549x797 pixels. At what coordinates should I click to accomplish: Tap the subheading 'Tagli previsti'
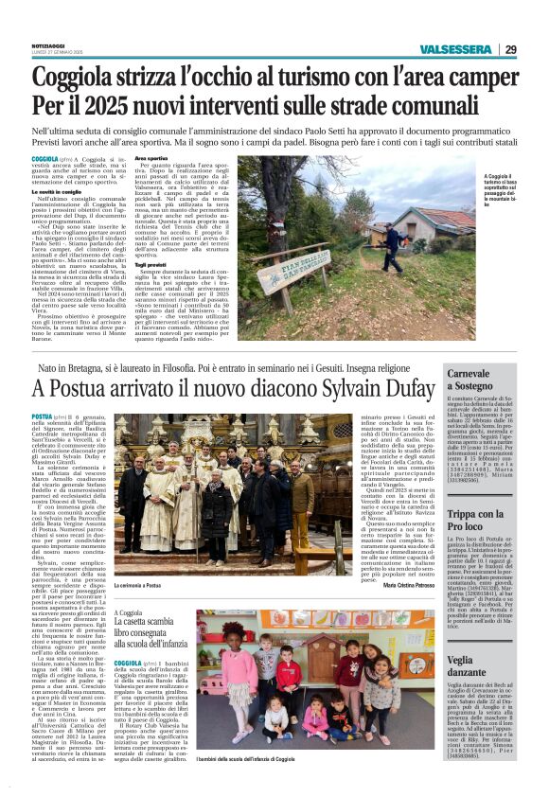tap(151, 263)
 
